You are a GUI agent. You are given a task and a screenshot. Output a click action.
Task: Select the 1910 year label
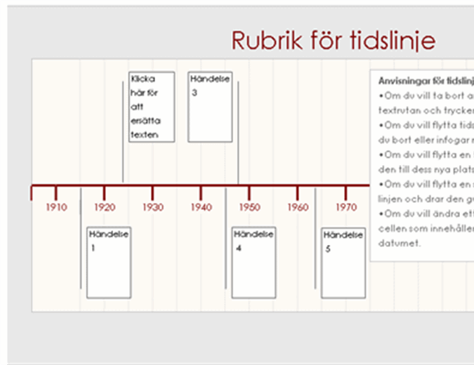click(56, 207)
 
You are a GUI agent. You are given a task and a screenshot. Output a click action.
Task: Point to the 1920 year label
click(104, 207)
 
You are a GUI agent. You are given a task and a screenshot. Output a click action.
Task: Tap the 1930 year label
click(152, 207)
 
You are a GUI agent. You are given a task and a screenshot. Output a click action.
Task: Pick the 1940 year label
click(201, 207)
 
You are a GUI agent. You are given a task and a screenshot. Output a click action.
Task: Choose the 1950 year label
click(249, 207)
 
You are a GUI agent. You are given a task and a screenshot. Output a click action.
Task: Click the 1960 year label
click(297, 207)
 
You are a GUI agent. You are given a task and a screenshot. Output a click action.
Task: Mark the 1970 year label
click(345, 207)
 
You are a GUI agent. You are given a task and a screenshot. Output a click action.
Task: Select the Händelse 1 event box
click(108, 262)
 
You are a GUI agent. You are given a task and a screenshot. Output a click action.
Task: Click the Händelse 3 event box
click(210, 106)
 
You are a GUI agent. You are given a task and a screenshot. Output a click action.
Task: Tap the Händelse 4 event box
click(254, 262)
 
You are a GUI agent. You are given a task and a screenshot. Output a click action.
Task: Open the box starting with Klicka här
click(152, 106)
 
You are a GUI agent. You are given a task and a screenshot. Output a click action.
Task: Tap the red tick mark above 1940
click(201, 193)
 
